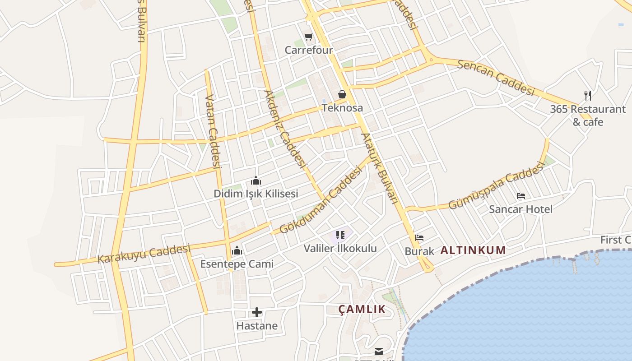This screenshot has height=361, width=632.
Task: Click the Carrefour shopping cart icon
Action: tap(309, 37)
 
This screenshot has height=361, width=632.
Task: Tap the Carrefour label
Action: tap(309, 50)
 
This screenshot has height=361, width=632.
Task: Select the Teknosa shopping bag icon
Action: tap(342, 94)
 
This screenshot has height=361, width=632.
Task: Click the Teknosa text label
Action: tap(342, 108)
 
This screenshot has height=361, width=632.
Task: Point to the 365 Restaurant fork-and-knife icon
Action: tap(587, 95)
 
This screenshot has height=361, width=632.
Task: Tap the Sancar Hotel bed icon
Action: tap(521, 196)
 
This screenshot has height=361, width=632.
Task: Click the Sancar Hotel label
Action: tap(521, 209)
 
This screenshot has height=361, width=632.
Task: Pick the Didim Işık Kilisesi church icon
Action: tap(256, 181)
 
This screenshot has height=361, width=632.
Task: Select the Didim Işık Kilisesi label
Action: tap(256, 194)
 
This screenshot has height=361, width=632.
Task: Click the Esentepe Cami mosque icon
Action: tap(237, 251)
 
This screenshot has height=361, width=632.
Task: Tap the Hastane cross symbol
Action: tap(257, 312)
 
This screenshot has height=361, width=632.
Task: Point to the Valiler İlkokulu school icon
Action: tap(340, 235)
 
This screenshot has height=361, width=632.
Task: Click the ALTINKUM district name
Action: tap(473, 250)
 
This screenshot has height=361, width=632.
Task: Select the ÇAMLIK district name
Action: tap(362, 309)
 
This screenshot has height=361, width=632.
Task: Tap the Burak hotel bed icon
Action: tap(419, 238)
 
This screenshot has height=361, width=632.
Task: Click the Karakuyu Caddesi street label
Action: tap(144, 254)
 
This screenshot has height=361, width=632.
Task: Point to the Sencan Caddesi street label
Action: tap(496, 78)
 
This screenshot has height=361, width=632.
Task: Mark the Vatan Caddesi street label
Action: tap(212, 131)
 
